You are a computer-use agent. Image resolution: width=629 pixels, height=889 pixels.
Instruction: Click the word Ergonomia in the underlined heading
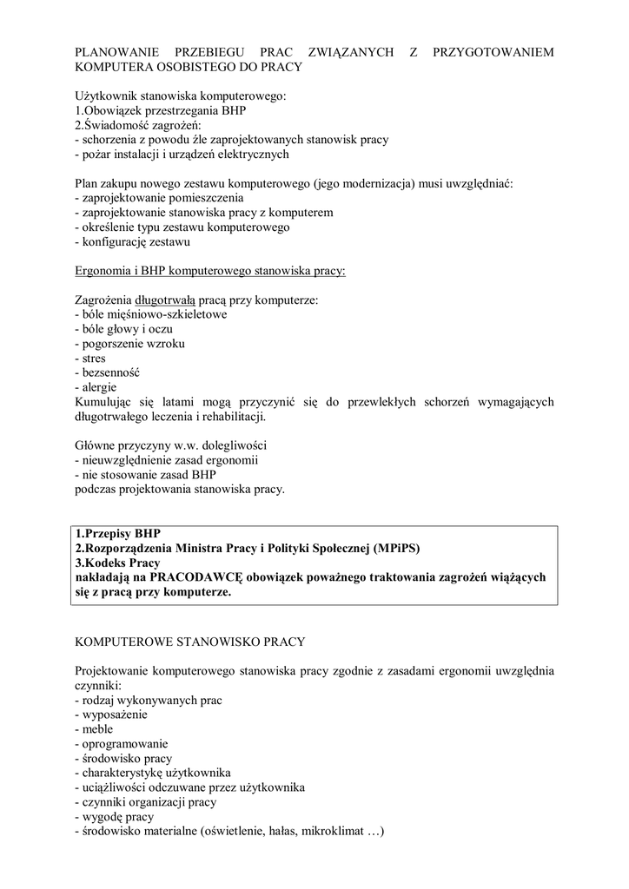tap(105, 270)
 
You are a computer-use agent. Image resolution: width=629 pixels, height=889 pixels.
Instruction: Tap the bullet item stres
tap(92, 358)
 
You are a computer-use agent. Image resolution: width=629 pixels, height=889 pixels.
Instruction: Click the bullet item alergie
tap(98, 387)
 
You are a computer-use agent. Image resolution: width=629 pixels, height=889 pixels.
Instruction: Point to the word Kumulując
tap(107, 402)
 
